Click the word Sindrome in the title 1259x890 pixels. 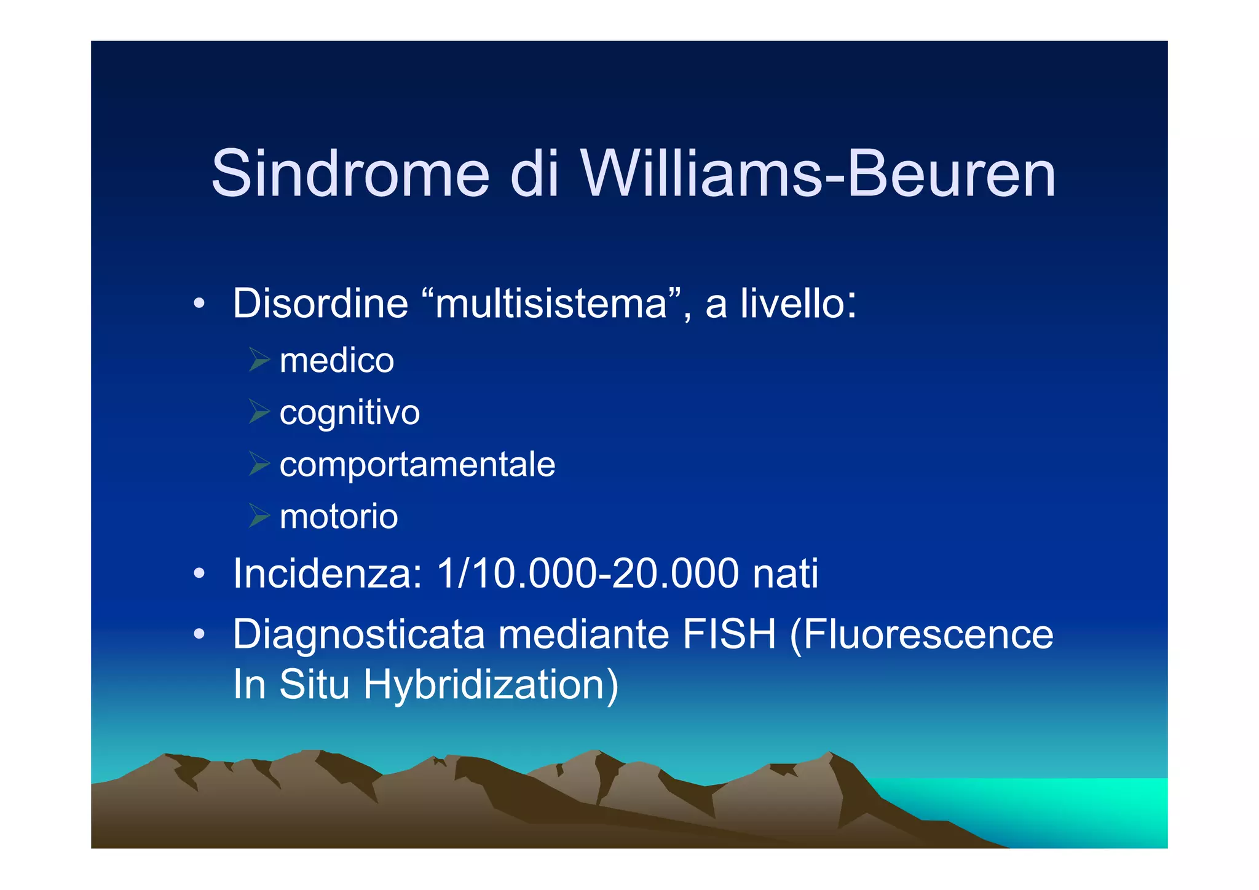(x=350, y=174)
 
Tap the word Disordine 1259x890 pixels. (x=320, y=304)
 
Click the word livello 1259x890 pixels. (x=797, y=304)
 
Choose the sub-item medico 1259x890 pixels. (x=336, y=361)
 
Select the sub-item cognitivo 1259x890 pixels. (x=349, y=413)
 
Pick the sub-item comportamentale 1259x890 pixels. (x=417, y=465)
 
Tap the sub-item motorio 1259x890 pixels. (x=339, y=516)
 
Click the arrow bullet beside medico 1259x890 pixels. (x=259, y=360)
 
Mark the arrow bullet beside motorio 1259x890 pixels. (x=259, y=515)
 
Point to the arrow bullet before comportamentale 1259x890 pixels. (x=259, y=463)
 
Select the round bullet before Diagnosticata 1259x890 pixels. (x=198, y=634)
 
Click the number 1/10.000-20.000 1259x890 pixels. (x=587, y=573)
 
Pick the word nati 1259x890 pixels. (x=785, y=573)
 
